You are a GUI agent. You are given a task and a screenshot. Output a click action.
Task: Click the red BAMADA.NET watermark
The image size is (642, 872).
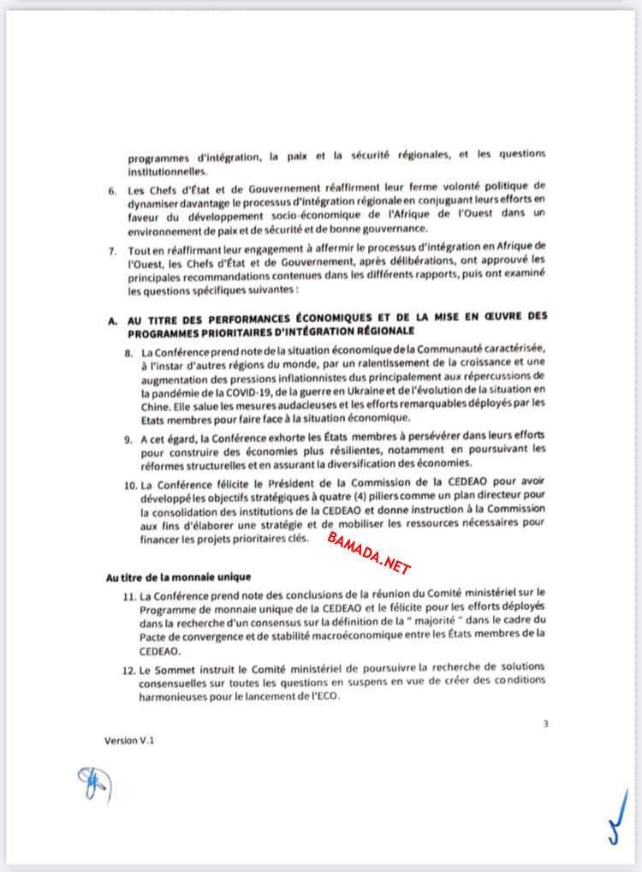tap(369, 553)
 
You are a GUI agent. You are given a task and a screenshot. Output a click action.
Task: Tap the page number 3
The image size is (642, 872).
tap(545, 724)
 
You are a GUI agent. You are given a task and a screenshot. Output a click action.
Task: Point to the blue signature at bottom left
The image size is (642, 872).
tap(90, 782)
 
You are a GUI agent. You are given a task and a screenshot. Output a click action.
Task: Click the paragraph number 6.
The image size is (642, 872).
tap(112, 188)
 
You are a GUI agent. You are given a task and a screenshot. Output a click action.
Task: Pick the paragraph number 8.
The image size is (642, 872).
tap(129, 353)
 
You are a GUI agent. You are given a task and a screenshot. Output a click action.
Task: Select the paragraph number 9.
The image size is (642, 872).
tap(129, 439)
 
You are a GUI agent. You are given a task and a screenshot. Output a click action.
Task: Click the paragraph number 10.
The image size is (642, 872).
tap(131, 485)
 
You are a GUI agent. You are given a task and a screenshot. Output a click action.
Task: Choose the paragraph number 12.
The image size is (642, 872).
tap(130, 666)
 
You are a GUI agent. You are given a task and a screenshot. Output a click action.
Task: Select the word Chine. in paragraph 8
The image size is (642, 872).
tap(156, 404)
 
